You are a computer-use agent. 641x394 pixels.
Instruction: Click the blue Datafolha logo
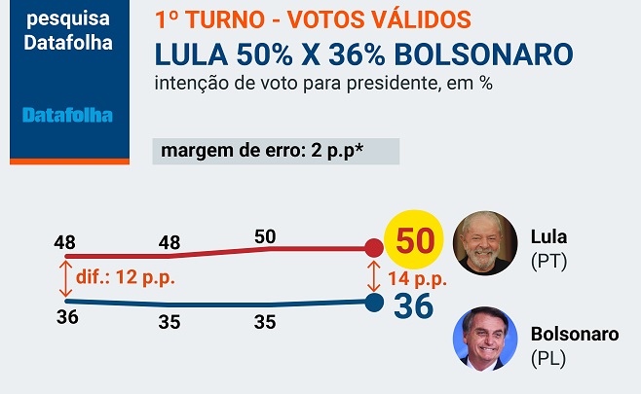pos(67,116)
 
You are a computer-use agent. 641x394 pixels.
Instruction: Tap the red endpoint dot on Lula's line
pos(373,248)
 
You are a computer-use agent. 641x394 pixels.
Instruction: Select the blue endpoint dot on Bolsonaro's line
pos(373,303)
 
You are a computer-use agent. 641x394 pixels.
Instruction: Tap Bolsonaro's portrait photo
pos(485,339)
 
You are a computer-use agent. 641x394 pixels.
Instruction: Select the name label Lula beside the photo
pos(548,236)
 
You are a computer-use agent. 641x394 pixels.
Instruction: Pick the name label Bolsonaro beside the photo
pos(574,335)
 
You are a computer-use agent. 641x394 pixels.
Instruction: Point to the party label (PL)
pos(548,359)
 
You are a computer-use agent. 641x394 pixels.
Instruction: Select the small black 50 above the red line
pos(264,236)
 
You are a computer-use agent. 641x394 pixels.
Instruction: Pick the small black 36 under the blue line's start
pos(66,316)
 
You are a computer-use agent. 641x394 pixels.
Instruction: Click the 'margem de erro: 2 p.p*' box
pos(276,151)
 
